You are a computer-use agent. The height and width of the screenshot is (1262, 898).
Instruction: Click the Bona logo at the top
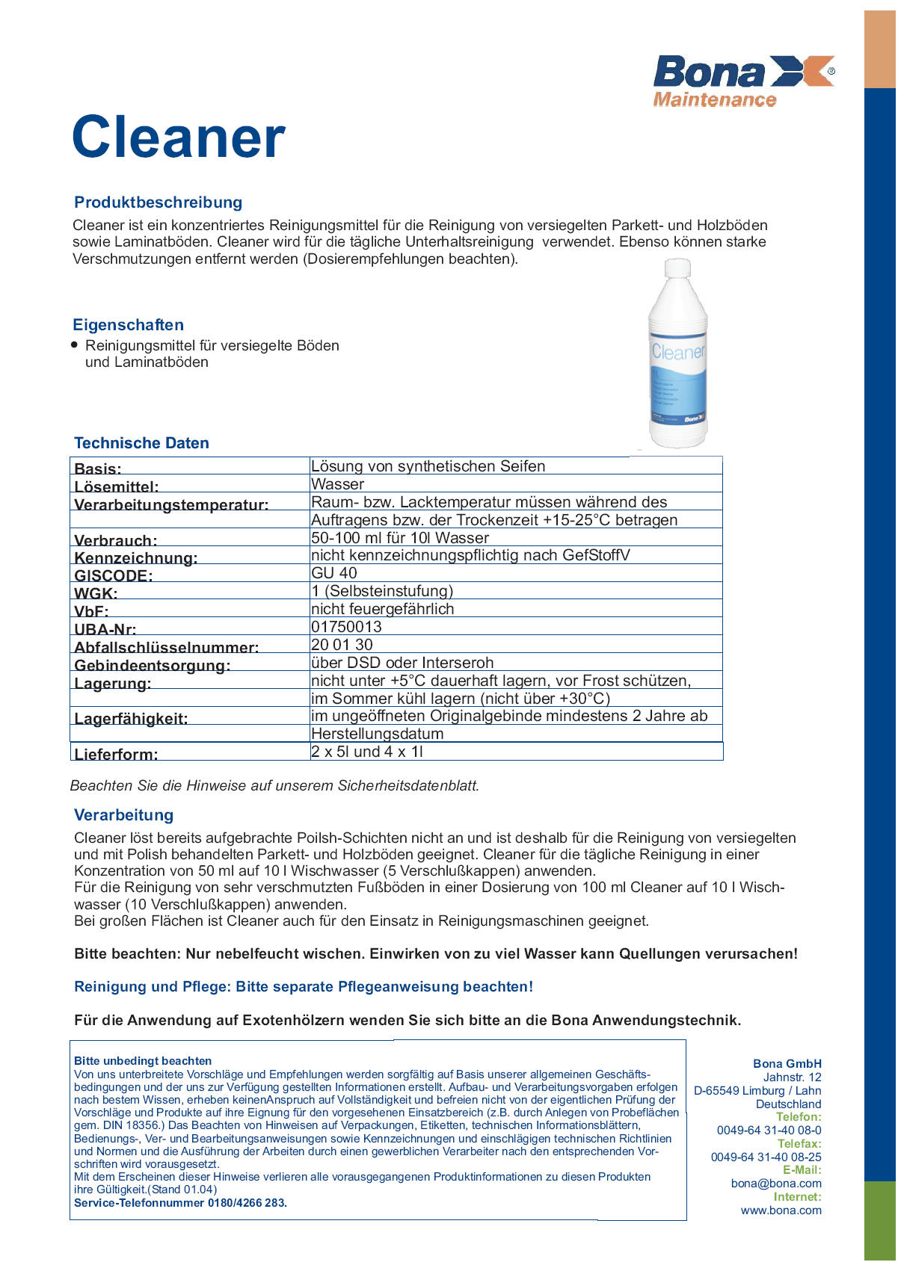pyautogui.click(x=743, y=81)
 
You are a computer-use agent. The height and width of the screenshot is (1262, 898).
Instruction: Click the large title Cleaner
pyautogui.click(x=179, y=137)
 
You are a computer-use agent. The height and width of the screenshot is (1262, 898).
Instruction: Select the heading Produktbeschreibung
pyautogui.click(x=158, y=202)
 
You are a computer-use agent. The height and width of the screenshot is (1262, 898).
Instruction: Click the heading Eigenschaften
pyautogui.click(x=128, y=325)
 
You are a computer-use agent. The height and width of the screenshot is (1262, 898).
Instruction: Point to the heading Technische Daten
pyautogui.click(x=141, y=443)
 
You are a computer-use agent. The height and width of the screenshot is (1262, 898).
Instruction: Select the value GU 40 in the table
pyautogui.click(x=334, y=573)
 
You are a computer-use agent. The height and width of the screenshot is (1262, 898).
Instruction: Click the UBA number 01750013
pyautogui.click(x=346, y=627)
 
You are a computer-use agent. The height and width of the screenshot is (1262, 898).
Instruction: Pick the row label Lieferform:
pyautogui.click(x=116, y=754)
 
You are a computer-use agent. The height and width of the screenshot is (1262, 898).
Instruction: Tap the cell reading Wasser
pyautogui.click(x=337, y=484)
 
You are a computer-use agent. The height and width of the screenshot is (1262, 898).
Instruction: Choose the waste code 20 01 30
pyautogui.click(x=342, y=645)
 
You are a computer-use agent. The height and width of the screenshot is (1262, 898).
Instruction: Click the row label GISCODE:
pyautogui.click(x=113, y=575)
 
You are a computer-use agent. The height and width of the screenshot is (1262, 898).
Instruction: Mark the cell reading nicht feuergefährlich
pyautogui.click(x=382, y=609)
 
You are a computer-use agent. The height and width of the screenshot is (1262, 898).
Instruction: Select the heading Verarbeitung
pyautogui.click(x=123, y=815)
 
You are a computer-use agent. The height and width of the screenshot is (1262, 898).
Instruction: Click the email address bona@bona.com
pyautogui.click(x=776, y=1184)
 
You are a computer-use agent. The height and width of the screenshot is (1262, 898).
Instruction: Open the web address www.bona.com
pyautogui.click(x=781, y=1210)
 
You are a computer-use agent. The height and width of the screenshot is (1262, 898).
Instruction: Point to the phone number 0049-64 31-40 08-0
pyautogui.click(x=769, y=1130)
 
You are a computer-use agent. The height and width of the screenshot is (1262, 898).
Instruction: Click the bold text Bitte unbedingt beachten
pyautogui.click(x=143, y=1061)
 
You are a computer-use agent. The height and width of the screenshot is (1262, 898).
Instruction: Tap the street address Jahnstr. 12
pyautogui.click(x=792, y=1077)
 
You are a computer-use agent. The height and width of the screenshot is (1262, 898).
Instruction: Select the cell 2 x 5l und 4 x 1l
pyautogui.click(x=367, y=752)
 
